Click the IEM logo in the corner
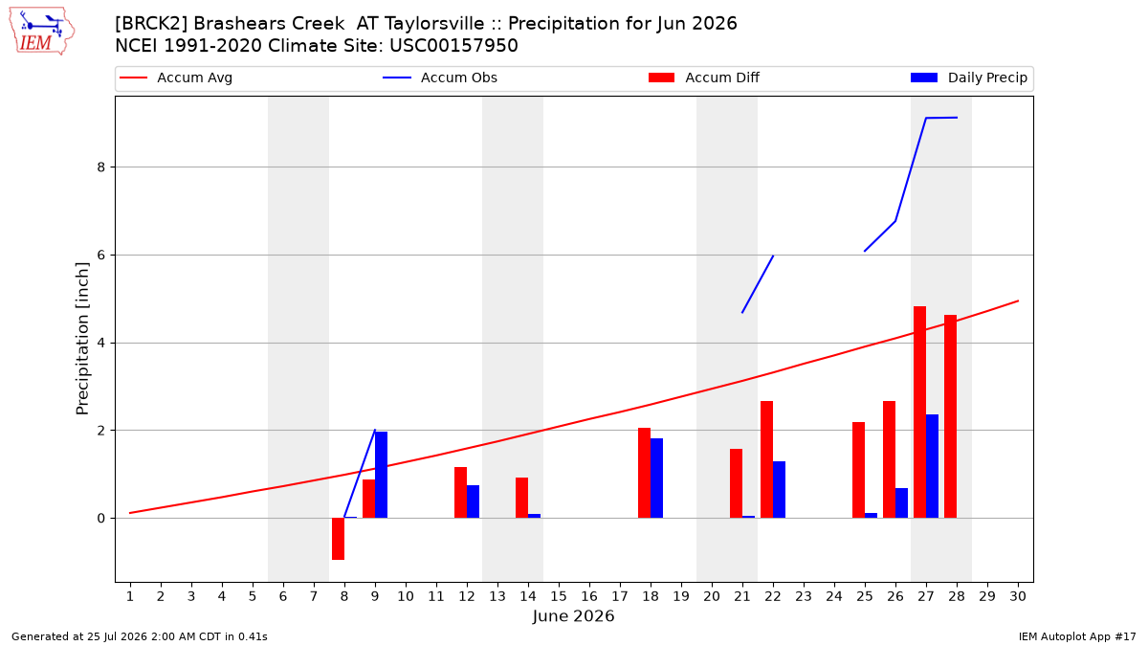point(42,32)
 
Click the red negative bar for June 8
point(339,539)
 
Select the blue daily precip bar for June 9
point(382,475)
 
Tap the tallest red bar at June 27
point(920,412)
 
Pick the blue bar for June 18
point(656,478)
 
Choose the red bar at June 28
point(950,416)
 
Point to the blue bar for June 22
point(779,490)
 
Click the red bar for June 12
point(461,492)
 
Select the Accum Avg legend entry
point(176,78)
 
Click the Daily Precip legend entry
point(968,78)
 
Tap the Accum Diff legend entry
point(704,78)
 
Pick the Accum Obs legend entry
point(440,78)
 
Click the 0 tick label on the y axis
point(101,519)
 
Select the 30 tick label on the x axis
point(1018,596)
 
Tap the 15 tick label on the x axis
point(559,596)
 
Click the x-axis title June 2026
point(573,615)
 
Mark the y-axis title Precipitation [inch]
point(82,339)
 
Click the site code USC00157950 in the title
point(453,46)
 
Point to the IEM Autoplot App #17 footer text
point(1077,636)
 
